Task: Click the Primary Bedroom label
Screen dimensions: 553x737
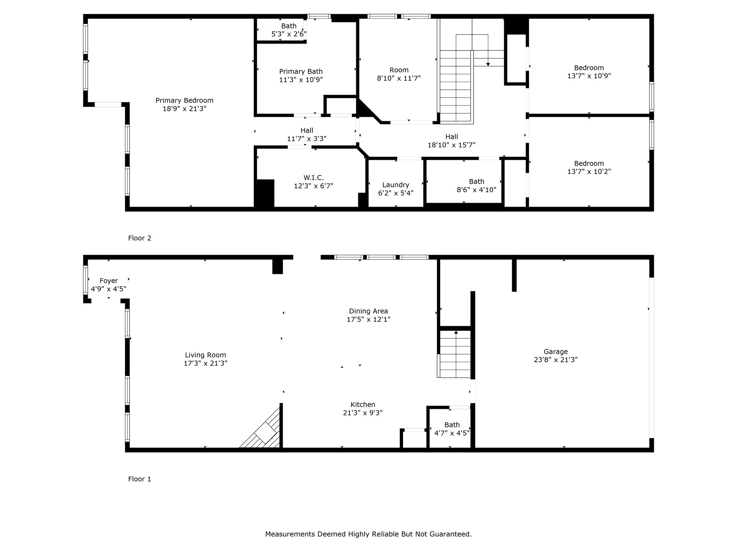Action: pos(184,100)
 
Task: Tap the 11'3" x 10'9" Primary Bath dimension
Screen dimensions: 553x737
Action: pos(301,80)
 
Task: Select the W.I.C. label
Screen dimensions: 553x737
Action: pos(313,178)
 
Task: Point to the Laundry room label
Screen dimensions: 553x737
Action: pos(395,185)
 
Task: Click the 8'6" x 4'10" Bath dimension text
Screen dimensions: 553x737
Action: pos(476,190)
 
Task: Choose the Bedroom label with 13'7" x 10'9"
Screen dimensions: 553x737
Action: pos(589,68)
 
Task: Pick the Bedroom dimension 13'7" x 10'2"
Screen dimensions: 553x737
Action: pos(589,172)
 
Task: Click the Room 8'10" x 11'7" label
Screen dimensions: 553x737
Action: pos(399,70)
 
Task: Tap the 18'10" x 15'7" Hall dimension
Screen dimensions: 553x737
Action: pos(451,145)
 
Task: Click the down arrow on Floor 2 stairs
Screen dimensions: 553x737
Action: pos(488,64)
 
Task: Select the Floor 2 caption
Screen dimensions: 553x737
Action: pos(140,238)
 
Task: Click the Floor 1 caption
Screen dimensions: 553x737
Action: pos(140,479)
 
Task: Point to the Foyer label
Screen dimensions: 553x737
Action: pos(109,281)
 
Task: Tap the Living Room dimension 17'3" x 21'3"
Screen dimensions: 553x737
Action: pos(205,363)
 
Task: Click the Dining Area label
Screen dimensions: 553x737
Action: pos(368,311)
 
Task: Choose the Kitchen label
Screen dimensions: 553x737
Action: pos(363,405)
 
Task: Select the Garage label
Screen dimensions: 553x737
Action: pos(555,351)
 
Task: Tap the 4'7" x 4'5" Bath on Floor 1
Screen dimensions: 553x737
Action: pos(452,433)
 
